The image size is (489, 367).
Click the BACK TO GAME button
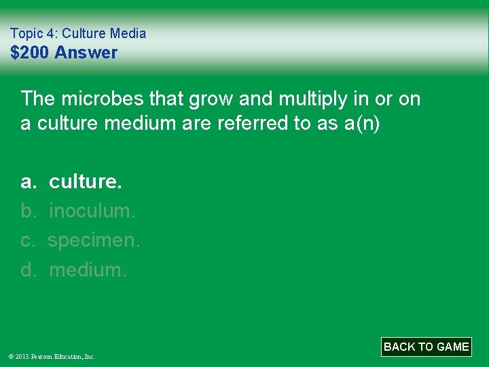click(x=426, y=347)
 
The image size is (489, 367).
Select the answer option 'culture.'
click(x=86, y=181)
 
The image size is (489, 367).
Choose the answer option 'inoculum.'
click(x=92, y=211)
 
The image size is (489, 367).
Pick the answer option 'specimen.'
click(x=94, y=241)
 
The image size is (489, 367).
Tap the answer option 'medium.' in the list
click(x=88, y=270)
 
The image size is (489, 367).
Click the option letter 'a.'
click(x=29, y=181)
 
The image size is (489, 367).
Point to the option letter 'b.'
click(x=29, y=211)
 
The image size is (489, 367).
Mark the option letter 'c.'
click(x=29, y=241)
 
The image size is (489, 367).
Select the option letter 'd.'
click(x=29, y=270)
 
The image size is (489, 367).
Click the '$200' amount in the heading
click(x=30, y=53)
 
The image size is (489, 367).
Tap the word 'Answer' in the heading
click(x=86, y=53)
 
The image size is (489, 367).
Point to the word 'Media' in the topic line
click(x=129, y=33)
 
